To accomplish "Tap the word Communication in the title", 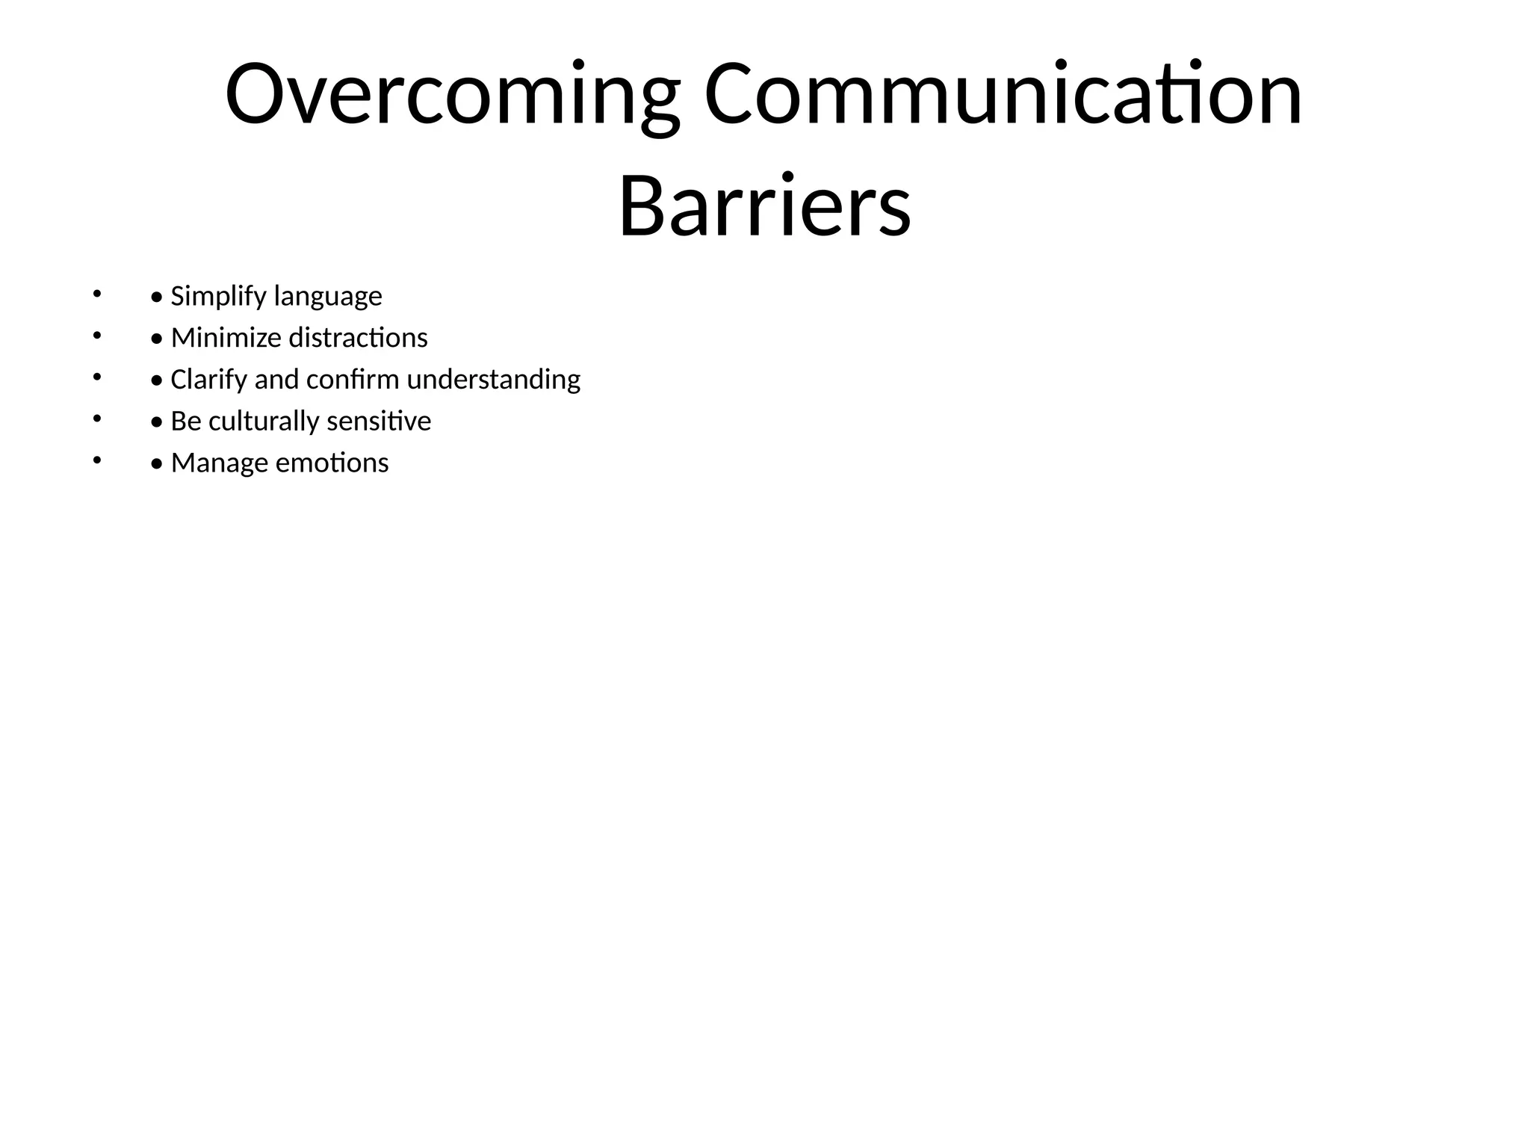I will [x=1003, y=96].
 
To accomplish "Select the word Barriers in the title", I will [x=764, y=206].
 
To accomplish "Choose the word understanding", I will [x=493, y=380].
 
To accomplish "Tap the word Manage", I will [x=220, y=463].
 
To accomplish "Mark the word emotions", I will [x=332, y=463].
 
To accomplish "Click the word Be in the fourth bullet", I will [x=186, y=422].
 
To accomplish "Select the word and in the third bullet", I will [x=276, y=380].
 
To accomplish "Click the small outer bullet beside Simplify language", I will [x=96, y=294].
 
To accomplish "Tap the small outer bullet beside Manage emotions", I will [x=96, y=461].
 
